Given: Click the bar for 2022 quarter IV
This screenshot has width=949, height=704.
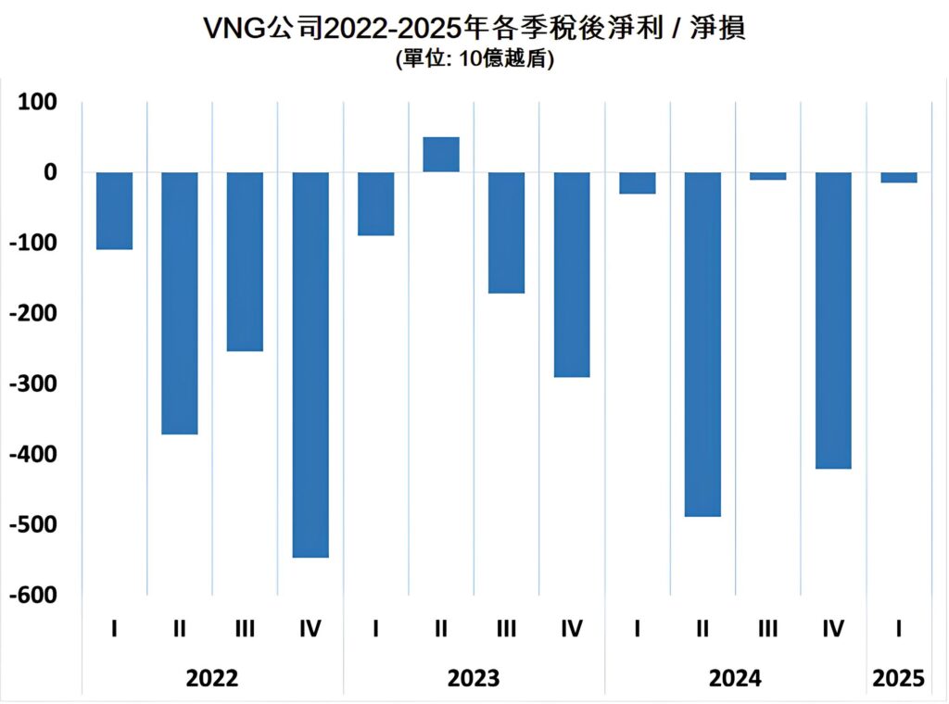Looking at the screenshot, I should [x=310, y=365].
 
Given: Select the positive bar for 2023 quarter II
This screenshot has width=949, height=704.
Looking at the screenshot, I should [x=441, y=155].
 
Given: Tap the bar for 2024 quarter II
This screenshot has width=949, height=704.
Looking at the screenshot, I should [x=702, y=344].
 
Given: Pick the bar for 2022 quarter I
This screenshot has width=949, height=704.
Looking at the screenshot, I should [x=114, y=211].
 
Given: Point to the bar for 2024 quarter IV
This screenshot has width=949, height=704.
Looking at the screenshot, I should [x=833, y=321].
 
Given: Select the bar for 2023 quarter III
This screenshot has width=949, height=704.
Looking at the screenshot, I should [x=506, y=233].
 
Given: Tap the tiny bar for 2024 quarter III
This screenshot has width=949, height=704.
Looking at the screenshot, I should [x=767, y=176].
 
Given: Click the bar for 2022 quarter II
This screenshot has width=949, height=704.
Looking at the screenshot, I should [x=180, y=303].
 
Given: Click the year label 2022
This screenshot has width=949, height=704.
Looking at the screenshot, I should [x=212, y=678].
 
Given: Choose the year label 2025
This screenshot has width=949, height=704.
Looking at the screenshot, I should [x=899, y=678].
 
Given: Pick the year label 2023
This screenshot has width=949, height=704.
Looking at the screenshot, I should [x=474, y=678].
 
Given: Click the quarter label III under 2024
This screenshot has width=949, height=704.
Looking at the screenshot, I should [x=767, y=630].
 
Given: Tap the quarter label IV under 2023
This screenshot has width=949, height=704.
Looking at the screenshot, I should [x=572, y=630].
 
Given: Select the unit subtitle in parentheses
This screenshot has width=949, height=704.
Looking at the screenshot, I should [x=474, y=60].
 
